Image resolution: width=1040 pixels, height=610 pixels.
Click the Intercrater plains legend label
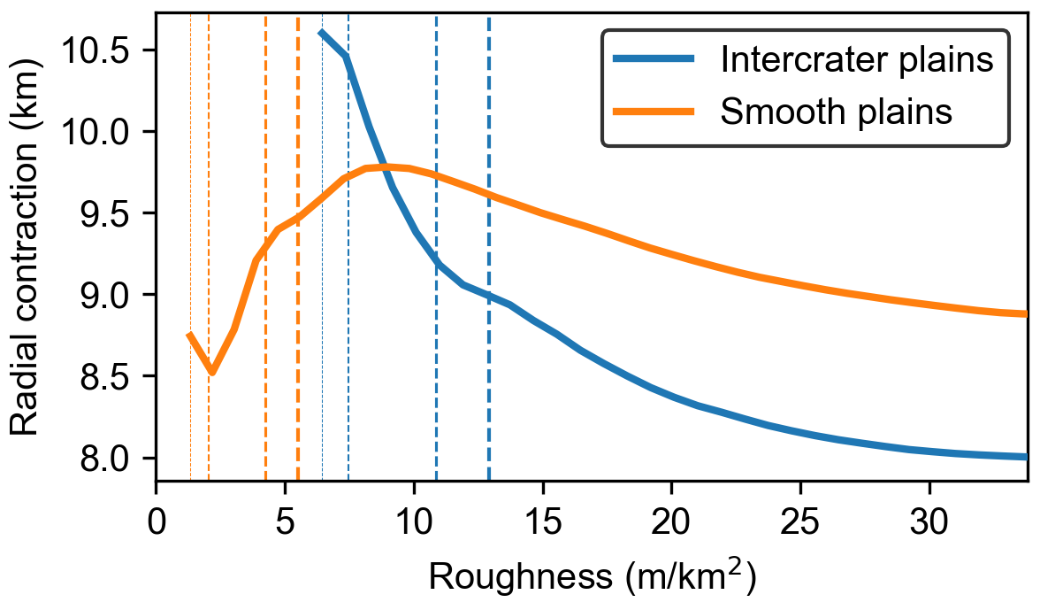855,60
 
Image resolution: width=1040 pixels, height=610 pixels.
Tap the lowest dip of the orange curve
211,373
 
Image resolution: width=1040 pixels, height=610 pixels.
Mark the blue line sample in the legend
654,60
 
